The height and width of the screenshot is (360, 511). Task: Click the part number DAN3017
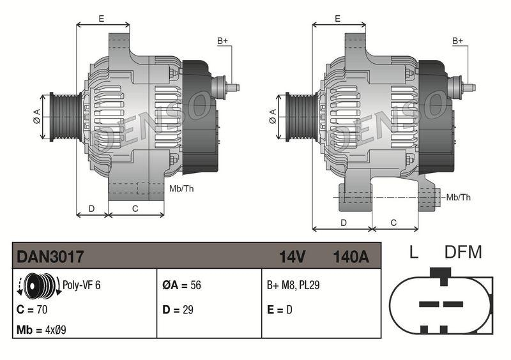[x=50, y=257]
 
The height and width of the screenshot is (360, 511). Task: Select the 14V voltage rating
[x=292, y=257]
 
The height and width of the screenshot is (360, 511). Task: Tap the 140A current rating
[x=351, y=257]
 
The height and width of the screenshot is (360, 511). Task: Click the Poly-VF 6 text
[x=81, y=285]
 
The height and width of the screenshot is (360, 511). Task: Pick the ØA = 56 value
[x=181, y=285]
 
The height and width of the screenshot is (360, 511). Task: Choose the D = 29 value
[x=178, y=309]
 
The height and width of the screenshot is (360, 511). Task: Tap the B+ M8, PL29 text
[x=293, y=285]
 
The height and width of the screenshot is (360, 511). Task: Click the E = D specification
[x=280, y=309]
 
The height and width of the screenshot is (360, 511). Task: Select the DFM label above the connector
[x=462, y=252]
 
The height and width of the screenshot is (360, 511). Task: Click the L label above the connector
[x=413, y=252]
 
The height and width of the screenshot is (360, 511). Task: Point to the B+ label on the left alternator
[x=222, y=41]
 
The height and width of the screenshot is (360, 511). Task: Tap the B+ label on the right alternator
[x=457, y=41]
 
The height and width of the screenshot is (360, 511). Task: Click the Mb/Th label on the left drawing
[x=181, y=188]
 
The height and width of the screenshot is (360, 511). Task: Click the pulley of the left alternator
[x=64, y=115]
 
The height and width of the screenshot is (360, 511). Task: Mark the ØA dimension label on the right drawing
[x=272, y=116]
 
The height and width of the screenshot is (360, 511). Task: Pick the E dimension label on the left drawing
[x=102, y=19]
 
